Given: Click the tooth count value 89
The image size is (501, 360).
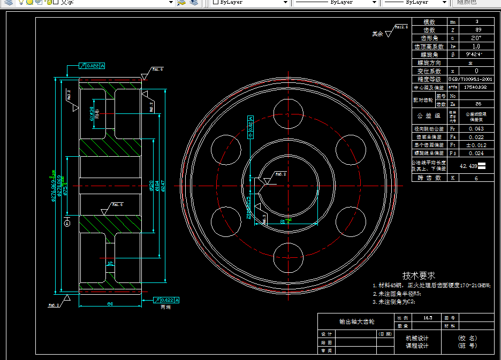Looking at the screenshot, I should tap(477, 30).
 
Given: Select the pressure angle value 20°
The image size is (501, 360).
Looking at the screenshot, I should tap(476, 38).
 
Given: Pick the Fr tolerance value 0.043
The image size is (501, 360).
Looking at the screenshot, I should tap(476, 129).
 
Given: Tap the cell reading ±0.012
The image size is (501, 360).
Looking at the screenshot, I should tap(476, 145).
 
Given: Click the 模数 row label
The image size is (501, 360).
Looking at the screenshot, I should tap(429, 22).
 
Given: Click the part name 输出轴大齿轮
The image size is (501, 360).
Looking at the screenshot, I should tap(357, 322).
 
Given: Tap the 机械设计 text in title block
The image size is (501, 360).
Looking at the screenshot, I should tap(417, 338).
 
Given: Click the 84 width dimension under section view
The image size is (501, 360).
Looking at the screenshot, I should tap(110, 304).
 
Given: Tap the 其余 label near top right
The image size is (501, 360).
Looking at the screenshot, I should tap(378, 34).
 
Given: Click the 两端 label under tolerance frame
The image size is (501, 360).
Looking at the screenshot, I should tap(166, 308).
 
